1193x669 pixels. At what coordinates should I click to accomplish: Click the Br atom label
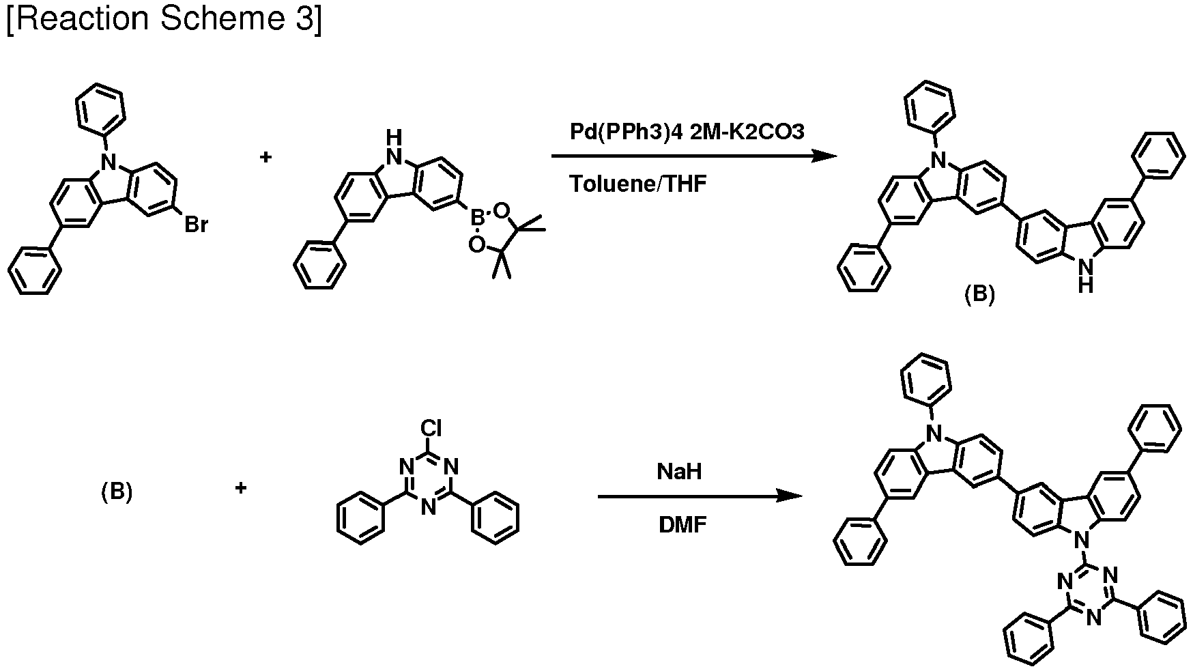[197, 225]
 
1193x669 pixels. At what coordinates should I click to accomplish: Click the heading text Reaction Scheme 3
[164, 18]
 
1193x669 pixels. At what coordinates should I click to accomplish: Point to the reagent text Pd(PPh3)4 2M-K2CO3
[687, 132]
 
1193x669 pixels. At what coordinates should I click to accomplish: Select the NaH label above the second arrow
[680, 471]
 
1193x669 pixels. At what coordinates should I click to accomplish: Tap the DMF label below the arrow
[682, 524]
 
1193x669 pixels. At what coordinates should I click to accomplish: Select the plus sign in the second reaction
[240, 488]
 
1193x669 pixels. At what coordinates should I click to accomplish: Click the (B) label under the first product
[979, 294]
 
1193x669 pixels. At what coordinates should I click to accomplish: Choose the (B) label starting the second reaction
[117, 492]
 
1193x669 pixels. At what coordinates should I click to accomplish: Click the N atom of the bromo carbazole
[106, 162]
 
